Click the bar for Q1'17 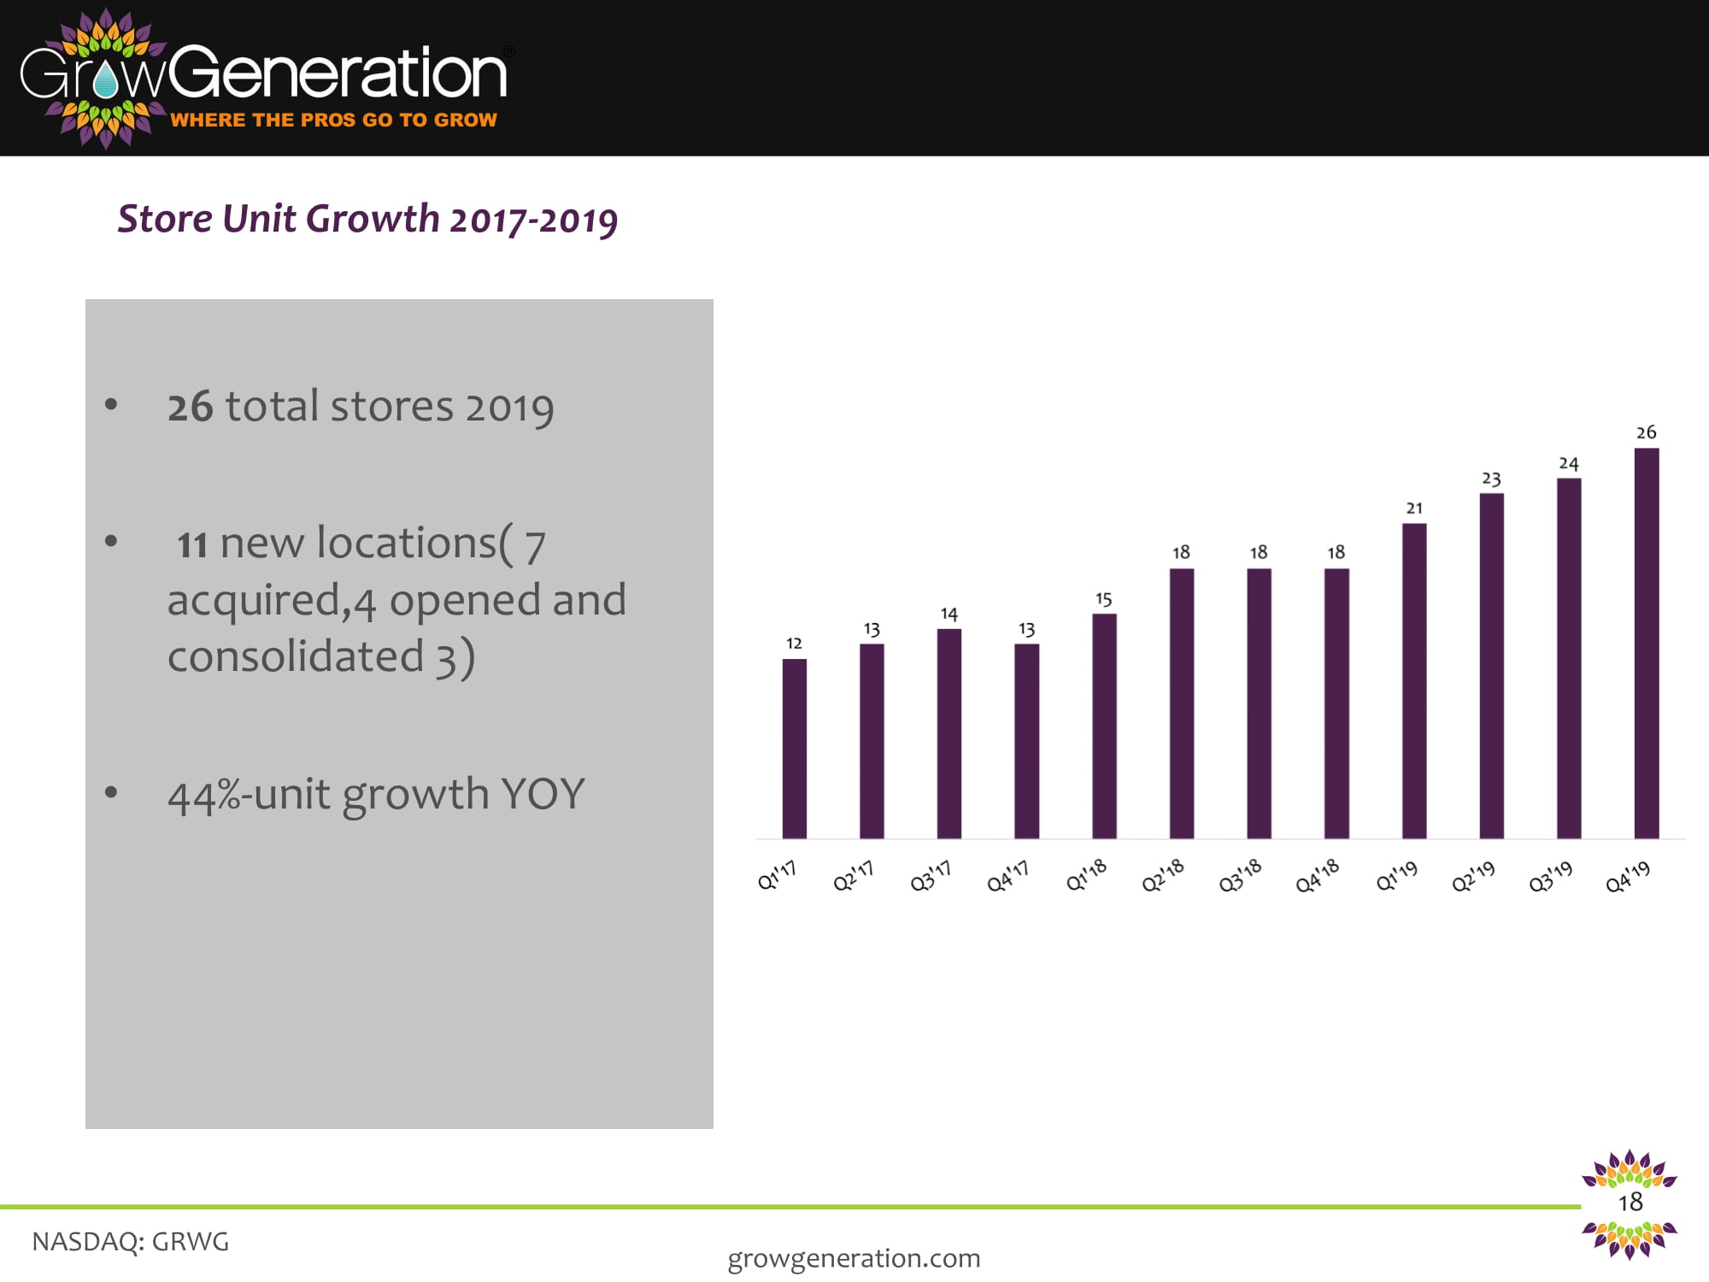tap(794, 748)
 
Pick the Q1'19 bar tap(1414, 680)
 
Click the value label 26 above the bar tap(1646, 432)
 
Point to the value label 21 tap(1414, 508)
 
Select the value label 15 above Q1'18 tap(1103, 599)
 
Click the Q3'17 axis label tap(931, 876)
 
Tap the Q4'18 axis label tap(1317, 876)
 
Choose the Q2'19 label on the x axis tap(1473, 876)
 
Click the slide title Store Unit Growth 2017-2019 tap(367, 219)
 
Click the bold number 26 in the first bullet tap(190, 407)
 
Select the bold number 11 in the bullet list tap(192, 544)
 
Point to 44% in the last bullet tap(204, 795)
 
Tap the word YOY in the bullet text tap(543, 794)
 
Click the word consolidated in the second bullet tap(296, 656)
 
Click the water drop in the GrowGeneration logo tap(106, 81)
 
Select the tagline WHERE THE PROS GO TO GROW tap(333, 120)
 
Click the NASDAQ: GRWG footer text tap(131, 1241)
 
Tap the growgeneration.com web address tap(854, 1258)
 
